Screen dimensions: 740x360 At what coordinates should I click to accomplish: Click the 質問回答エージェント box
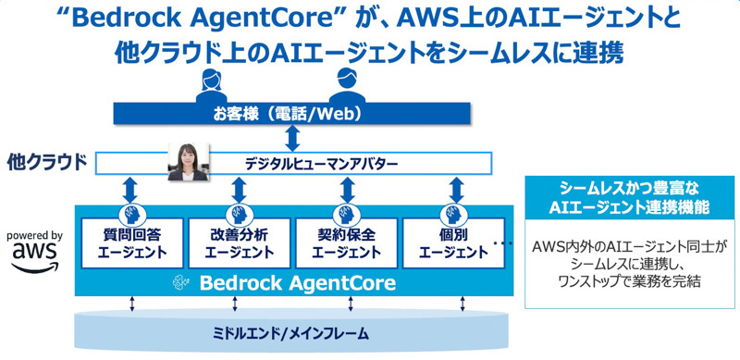point(132,242)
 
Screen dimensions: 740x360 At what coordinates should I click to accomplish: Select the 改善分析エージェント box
point(240,242)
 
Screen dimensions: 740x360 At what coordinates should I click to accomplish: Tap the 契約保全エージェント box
point(346,242)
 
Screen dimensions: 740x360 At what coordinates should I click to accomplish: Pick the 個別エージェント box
point(453,242)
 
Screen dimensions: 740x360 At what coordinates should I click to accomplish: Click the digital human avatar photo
point(188,162)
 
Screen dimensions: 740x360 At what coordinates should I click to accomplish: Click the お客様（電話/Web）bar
point(291,114)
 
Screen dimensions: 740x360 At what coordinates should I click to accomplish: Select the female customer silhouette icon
point(211,85)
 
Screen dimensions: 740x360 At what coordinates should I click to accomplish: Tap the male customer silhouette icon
point(347,85)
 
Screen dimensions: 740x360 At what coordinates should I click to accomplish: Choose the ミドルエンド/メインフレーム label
point(290,334)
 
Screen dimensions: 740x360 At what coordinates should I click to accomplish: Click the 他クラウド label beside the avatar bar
point(47,163)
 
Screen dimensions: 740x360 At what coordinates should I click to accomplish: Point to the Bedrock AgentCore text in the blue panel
point(297,283)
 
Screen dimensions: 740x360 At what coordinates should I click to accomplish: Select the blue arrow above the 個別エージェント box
point(456,190)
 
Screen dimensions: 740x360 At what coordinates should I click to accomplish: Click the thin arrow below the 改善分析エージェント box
point(235,304)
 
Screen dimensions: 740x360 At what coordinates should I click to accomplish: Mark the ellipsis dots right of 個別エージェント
point(503,243)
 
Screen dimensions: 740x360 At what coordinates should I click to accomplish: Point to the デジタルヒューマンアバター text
point(321,164)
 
